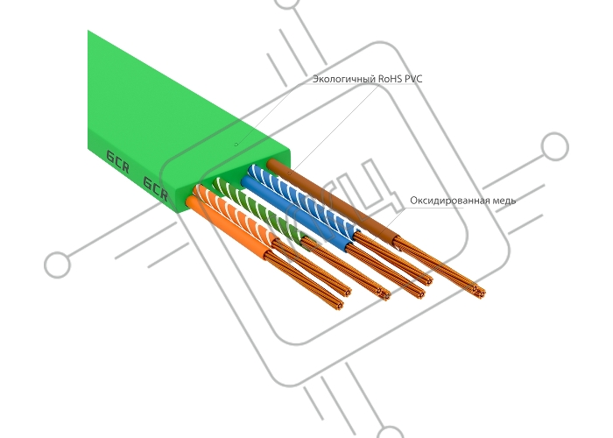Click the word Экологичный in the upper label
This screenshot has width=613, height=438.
pos(343,79)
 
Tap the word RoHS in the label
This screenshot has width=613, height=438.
pos(391,79)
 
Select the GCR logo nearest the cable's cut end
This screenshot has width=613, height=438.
pos(156,186)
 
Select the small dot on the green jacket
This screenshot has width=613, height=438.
pos(235,143)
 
